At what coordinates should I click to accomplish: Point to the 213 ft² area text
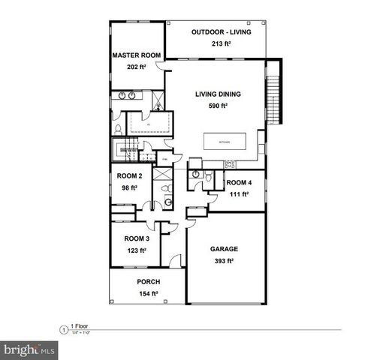pos(221,45)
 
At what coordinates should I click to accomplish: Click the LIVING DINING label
pos(217,94)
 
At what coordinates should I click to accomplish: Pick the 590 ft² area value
pos(217,106)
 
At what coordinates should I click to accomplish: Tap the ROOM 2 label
pos(129,176)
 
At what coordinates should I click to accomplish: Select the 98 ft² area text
pos(129,187)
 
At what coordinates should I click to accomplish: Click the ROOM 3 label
pos(137,238)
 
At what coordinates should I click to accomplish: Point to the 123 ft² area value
pos(137,250)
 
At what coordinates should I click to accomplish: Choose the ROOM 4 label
pos(239,182)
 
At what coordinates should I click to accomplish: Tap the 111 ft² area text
pos(239,193)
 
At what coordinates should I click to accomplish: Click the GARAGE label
pos(223,248)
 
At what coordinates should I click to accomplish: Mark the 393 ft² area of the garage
pos(223,261)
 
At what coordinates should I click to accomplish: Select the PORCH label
pos(148,282)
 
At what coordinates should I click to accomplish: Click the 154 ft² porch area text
pos(148,295)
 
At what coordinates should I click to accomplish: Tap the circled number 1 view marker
pos(62,328)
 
